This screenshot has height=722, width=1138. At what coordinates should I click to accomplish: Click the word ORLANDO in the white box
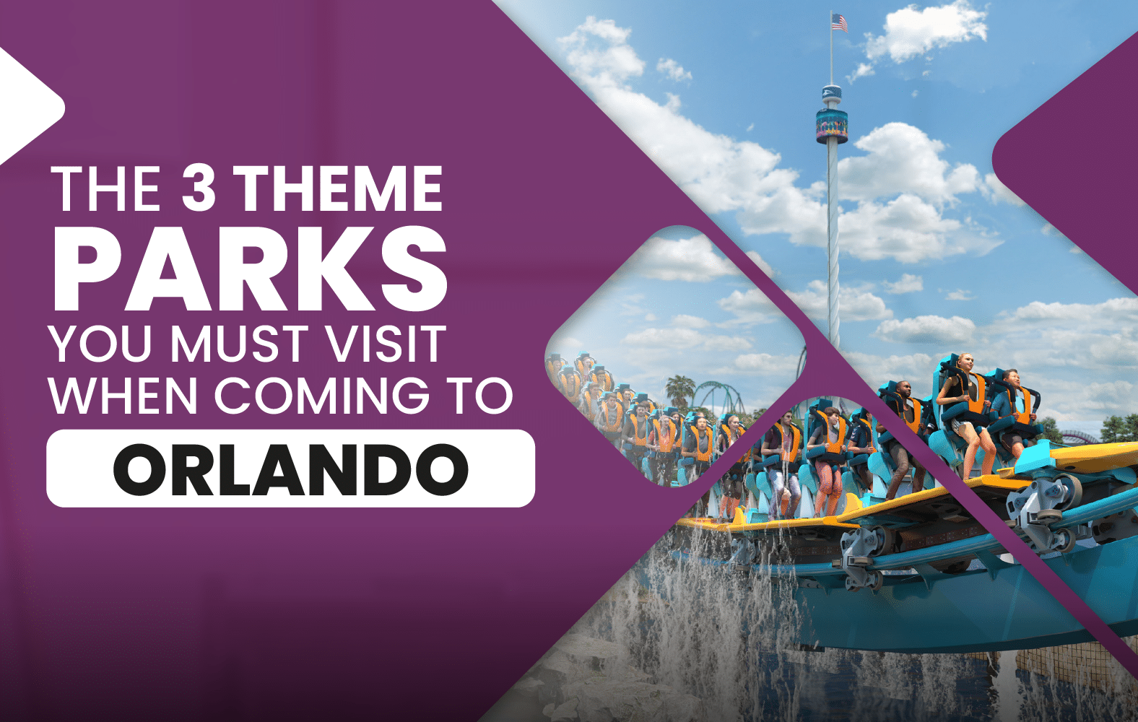click(290, 469)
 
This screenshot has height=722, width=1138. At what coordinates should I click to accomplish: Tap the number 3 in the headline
click(199, 188)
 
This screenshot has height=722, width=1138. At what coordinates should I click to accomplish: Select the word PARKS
click(249, 269)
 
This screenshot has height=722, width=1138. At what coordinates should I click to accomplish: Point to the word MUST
click(238, 344)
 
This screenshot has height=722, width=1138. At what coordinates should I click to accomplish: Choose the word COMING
click(321, 396)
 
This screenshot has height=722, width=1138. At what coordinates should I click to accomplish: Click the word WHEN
click(123, 396)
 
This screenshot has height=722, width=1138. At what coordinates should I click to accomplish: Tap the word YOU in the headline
click(101, 344)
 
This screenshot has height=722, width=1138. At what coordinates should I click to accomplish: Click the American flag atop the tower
click(839, 23)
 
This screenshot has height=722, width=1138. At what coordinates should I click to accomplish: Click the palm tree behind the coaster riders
click(681, 392)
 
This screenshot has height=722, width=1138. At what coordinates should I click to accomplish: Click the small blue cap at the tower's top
click(832, 92)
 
